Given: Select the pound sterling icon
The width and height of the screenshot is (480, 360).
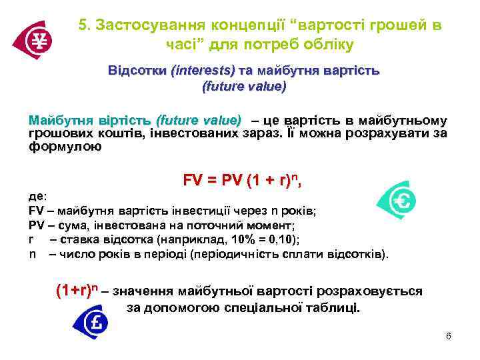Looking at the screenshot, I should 93,323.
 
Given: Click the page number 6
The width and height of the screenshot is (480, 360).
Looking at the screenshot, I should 449,336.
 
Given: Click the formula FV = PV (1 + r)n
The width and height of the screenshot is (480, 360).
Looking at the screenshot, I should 247,180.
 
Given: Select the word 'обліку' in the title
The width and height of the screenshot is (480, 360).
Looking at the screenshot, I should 329,45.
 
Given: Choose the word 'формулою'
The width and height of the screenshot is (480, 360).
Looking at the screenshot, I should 65,147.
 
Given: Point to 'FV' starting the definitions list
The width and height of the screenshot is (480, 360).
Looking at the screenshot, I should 36,211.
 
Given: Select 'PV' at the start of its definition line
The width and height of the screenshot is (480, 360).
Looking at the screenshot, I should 36,225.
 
